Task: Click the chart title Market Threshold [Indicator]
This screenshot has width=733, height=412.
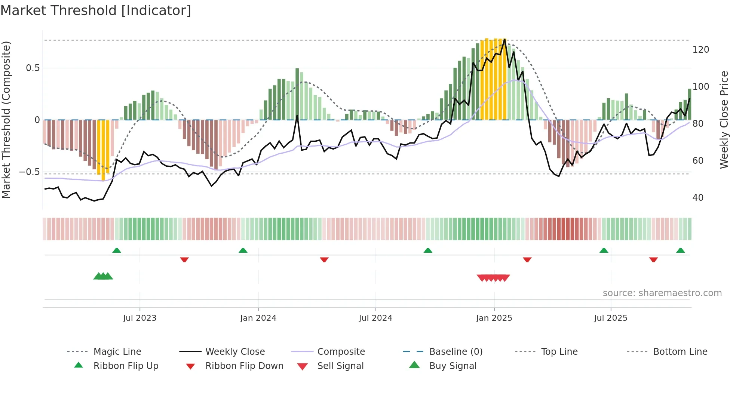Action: coord(96,10)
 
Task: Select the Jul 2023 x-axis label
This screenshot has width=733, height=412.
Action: coord(139,318)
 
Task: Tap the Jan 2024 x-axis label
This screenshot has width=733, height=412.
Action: coord(258,318)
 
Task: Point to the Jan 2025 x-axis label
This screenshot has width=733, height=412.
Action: coord(494,318)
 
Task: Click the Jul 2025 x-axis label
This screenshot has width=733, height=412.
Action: coord(610,318)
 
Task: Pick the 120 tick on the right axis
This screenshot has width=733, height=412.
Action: coord(700,50)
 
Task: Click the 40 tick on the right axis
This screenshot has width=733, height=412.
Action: coord(698,198)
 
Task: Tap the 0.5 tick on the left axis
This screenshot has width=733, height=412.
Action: coord(33,68)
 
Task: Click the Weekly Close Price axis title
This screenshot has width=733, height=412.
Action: coord(724,120)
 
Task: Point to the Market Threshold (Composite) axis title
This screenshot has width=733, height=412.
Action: coord(6,120)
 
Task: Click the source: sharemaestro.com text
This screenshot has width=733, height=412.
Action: coord(662,293)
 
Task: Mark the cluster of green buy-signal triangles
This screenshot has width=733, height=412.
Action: coord(103,276)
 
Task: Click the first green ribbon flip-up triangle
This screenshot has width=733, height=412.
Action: coord(117,250)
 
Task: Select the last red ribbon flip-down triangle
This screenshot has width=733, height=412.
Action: coord(653,259)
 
